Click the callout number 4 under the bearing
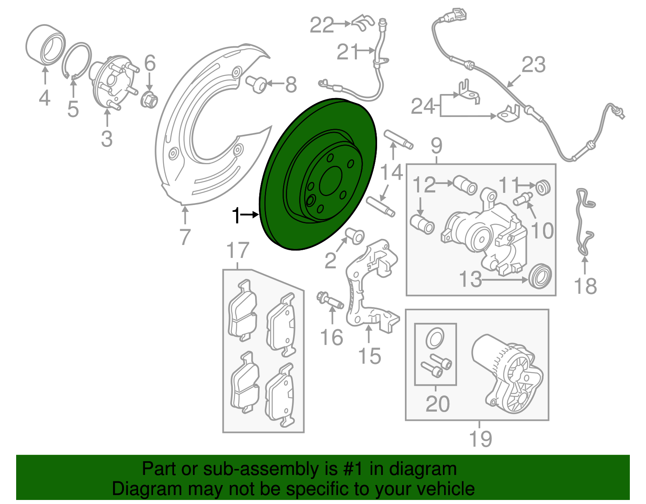click(44, 98)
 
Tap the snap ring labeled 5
click(77, 60)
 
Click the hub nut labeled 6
click(149, 99)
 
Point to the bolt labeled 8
click(256, 84)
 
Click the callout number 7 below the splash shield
click(185, 237)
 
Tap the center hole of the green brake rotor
click(331, 182)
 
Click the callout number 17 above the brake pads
click(238, 251)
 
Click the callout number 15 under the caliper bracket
click(369, 356)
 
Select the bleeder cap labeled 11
click(543, 187)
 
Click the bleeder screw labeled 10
click(523, 199)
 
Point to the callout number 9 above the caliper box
click(436, 146)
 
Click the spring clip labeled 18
click(584, 222)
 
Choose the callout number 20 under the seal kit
click(438, 404)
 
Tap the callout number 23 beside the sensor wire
click(533, 65)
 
